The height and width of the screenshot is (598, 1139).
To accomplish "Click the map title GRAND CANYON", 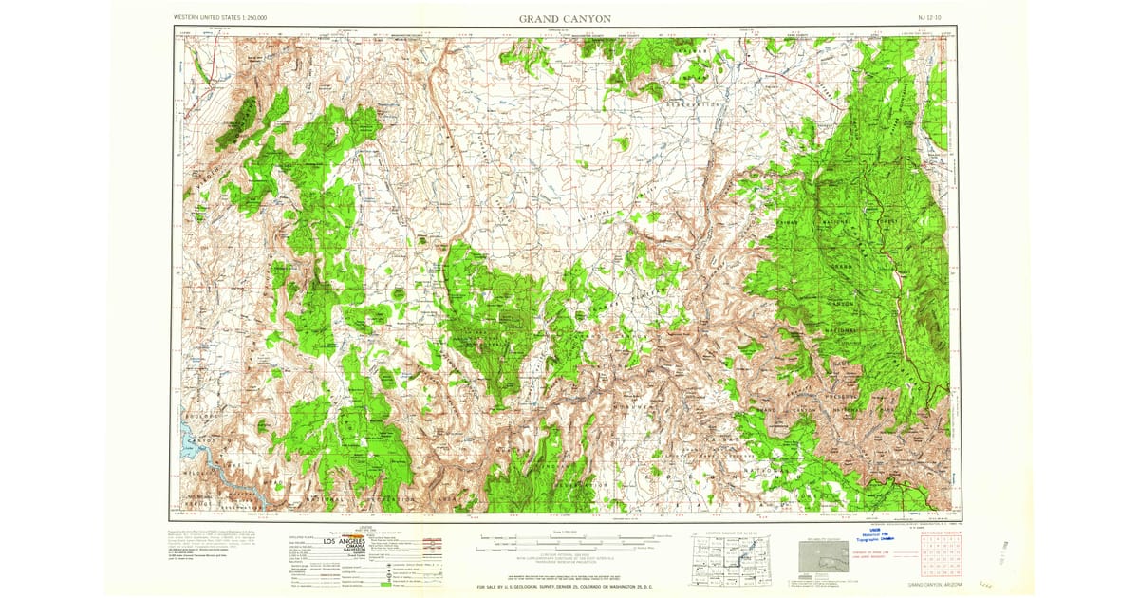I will pyautogui.click(x=565, y=18).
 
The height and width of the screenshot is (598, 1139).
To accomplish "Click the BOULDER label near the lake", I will pyautogui.click(x=200, y=415).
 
